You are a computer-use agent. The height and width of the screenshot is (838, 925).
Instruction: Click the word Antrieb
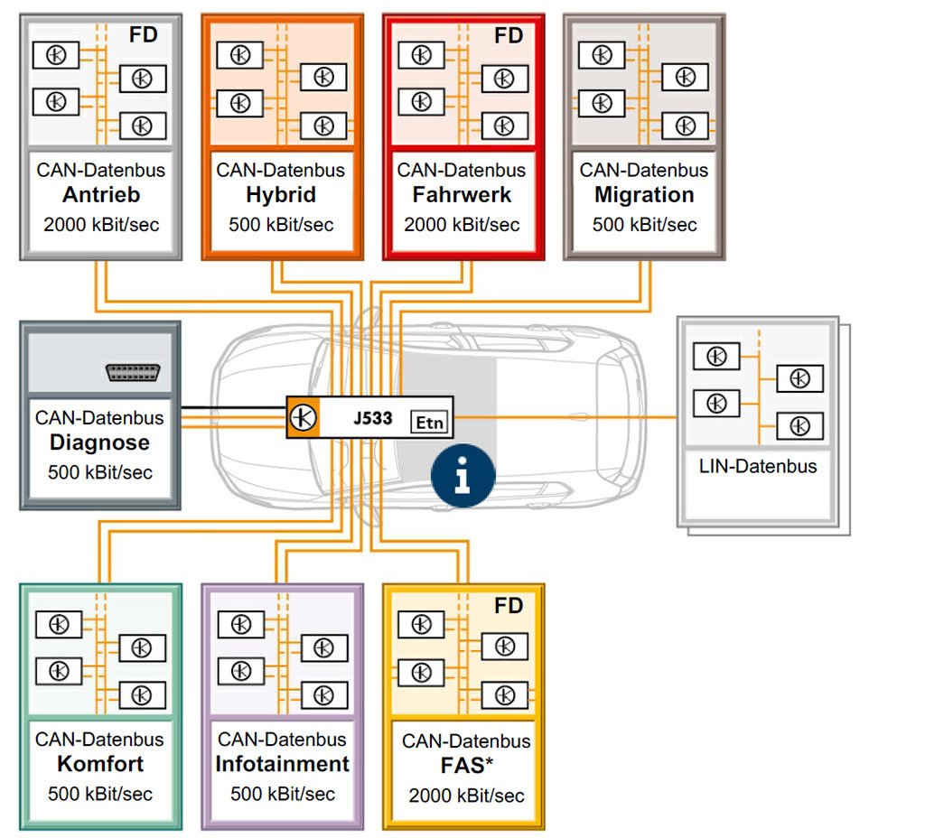(100, 195)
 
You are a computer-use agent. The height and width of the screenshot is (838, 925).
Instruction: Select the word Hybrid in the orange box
(280, 195)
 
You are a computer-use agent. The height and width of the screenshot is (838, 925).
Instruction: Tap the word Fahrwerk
(462, 195)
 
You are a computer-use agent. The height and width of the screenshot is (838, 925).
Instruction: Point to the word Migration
(644, 195)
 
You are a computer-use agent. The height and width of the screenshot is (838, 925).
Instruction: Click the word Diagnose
(99, 443)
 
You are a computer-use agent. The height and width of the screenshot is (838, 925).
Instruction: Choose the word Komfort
(100, 764)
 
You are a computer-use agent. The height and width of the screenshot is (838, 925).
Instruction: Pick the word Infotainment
(282, 764)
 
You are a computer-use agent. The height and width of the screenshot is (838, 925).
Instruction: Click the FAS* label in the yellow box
(465, 768)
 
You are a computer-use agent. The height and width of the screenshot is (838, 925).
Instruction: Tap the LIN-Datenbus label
(758, 467)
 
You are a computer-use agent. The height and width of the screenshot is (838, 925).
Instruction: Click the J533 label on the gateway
(372, 418)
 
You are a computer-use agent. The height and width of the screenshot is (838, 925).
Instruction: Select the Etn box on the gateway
(430, 421)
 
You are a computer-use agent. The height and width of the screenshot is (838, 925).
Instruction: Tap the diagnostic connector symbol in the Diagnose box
(133, 372)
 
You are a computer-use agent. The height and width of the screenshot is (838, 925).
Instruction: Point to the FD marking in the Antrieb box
(144, 35)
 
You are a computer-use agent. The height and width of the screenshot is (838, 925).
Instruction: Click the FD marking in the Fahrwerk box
(509, 35)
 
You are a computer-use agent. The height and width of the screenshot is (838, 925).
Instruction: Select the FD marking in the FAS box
(509, 606)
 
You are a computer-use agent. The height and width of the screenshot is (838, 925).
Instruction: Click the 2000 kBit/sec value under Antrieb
(101, 224)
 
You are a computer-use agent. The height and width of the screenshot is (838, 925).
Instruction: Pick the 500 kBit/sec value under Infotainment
(282, 794)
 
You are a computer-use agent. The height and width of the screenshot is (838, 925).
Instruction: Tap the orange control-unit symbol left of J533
(302, 417)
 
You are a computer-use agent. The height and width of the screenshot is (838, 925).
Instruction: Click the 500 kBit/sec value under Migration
(644, 224)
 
